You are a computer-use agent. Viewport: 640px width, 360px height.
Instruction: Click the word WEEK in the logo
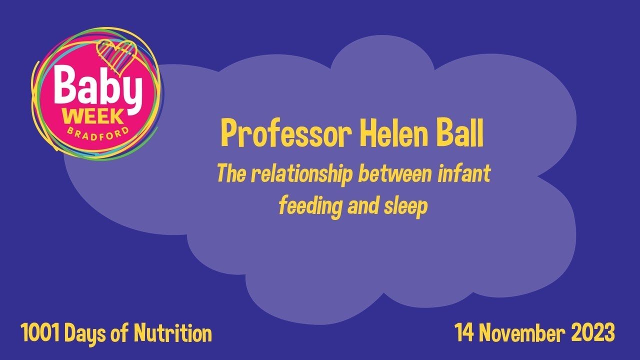[x=94, y=116]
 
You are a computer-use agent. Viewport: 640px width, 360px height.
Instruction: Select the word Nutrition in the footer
[x=173, y=333]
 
